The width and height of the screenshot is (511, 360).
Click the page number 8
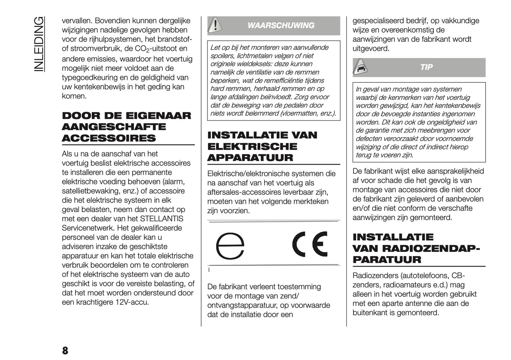pos(65,350)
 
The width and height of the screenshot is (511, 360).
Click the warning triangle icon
pos(215,25)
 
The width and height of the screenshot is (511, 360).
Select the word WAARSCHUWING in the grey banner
pos(281,25)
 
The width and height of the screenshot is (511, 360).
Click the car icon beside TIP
pos(361,67)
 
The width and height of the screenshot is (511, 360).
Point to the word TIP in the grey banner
pos(426,67)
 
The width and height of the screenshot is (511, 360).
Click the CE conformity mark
pos(310,244)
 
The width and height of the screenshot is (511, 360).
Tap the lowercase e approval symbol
pos(230,246)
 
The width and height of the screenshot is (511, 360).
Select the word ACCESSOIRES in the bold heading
pos(109,138)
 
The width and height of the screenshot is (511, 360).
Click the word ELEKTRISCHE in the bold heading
pos(252,147)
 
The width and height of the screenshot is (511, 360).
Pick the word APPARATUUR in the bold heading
pos(250,158)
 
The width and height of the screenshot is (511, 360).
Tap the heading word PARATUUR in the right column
pos(387,260)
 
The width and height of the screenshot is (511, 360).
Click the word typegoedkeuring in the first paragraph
pos(90,77)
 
